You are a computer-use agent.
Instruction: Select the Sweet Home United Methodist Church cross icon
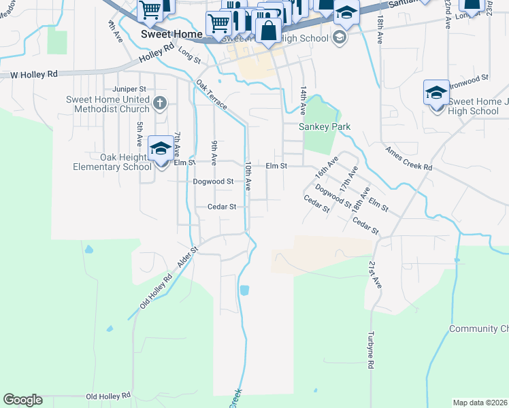tap(160, 104)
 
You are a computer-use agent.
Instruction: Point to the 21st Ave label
tap(376, 273)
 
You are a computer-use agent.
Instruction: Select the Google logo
tap(22, 400)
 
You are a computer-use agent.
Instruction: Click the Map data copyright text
tap(480, 403)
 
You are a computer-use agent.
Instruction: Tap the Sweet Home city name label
tap(171, 34)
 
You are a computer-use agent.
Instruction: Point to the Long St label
tap(188, 54)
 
